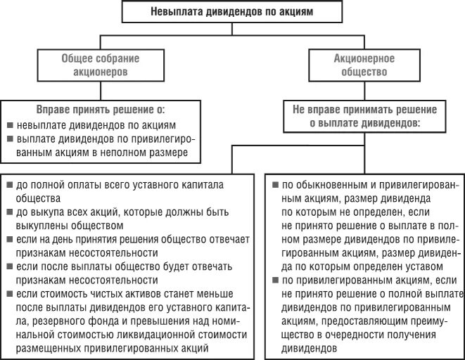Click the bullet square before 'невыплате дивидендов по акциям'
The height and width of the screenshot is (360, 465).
(x=9, y=124)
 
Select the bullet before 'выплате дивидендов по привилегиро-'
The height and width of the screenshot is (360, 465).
(x=9, y=138)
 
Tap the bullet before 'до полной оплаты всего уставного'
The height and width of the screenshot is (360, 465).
(x=9, y=185)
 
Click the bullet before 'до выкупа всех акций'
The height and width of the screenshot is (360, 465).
(x=9, y=212)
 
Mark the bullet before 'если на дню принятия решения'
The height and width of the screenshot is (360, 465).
(x=9, y=240)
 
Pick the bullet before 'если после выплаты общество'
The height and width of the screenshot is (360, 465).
(x=9, y=266)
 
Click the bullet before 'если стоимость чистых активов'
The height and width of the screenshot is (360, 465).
(x=9, y=294)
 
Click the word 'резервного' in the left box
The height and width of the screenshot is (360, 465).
(x=46, y=321)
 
